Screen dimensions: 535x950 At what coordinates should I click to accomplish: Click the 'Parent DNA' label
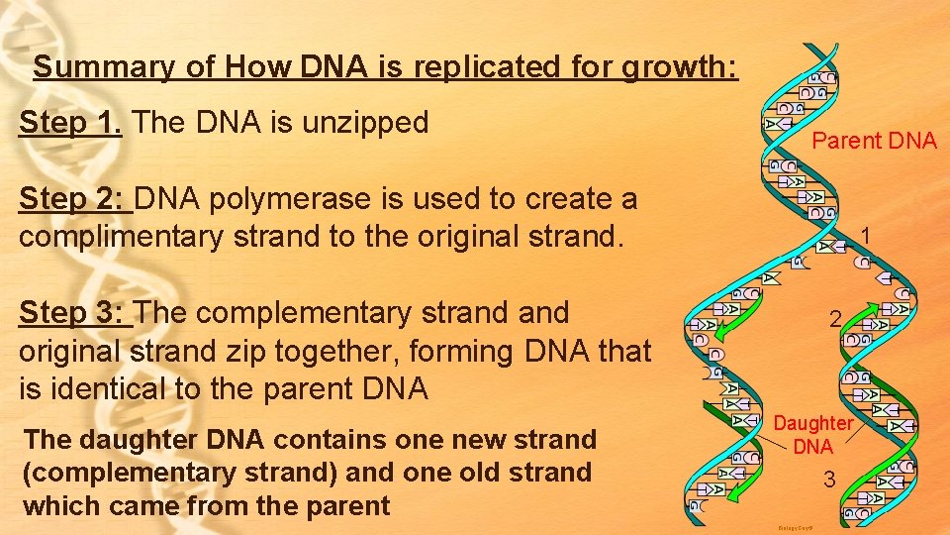[874, 141]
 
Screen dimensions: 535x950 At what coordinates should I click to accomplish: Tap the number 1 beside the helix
[865, 236]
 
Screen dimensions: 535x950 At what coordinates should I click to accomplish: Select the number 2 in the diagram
[836, 319]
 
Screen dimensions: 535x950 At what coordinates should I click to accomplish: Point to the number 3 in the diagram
[830, 481]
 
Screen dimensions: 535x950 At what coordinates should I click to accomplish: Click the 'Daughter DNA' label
[812, 435]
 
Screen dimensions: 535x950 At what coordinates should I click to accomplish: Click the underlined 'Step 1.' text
[70, 123]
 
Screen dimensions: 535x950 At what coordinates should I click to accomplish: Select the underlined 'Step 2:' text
[74, 199]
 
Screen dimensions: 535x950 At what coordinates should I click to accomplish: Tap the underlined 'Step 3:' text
[74, 313]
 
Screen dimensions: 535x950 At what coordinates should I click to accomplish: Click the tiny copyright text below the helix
[796, 529]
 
